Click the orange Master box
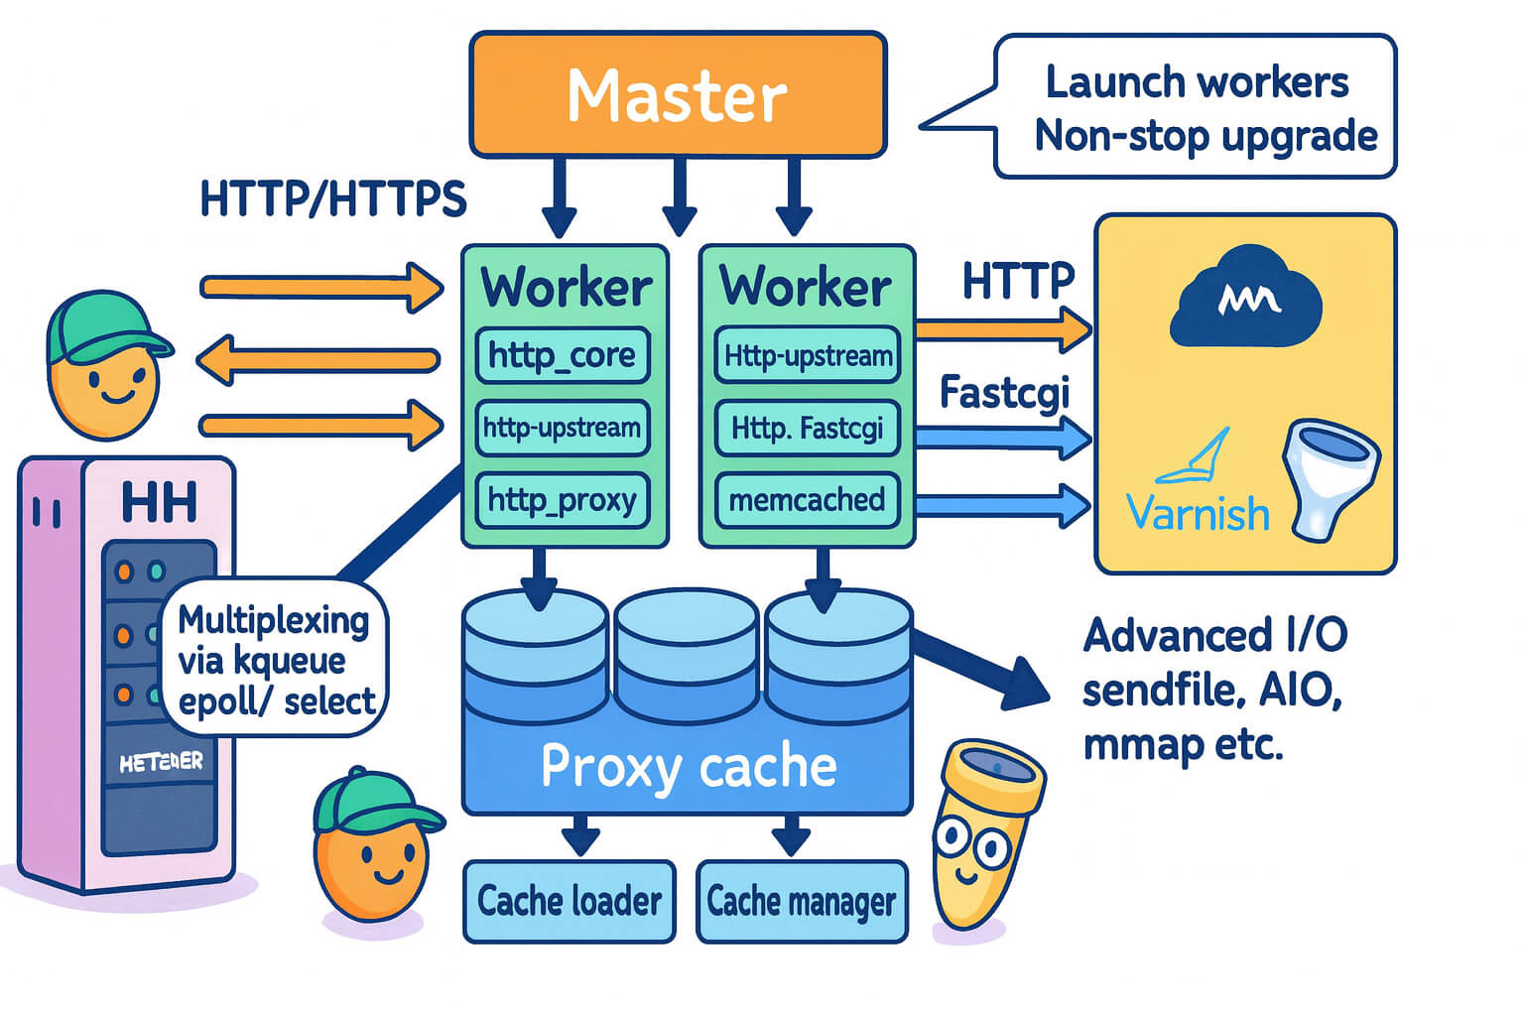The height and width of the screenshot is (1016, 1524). (678, 95)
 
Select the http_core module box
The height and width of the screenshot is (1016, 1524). (563, 355)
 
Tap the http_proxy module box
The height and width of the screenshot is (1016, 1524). (563, 500)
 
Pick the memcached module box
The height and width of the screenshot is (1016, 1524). (807, 500)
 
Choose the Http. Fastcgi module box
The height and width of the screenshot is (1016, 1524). (807, 429)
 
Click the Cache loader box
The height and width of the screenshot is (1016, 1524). (570, 901)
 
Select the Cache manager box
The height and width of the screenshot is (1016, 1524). (802, 901)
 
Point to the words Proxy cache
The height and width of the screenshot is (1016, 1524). (689, 767)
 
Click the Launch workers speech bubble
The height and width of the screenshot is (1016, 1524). (1196, 107)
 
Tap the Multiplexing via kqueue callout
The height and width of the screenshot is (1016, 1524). (275, 660)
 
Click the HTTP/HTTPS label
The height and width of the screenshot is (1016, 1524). (333, 198)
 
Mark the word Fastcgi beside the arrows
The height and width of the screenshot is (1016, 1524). (1004, 393)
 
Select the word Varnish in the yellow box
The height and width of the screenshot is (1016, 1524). (1199, 514)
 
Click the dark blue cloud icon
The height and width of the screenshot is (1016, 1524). (1246, 300)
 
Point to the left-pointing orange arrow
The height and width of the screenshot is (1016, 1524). (317, 359)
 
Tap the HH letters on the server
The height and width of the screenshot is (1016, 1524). (159, 501)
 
